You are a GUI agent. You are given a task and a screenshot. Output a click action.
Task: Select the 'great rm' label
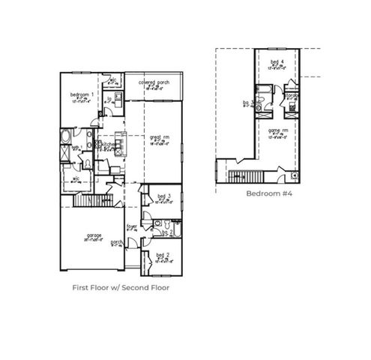point(157,136)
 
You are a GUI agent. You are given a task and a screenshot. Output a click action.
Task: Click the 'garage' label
point(94,235)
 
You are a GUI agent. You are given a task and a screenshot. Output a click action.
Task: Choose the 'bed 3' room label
point(160,196)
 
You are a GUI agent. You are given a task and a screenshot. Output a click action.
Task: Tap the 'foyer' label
point(132,225)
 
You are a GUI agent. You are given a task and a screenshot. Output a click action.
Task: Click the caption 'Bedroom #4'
point(268,193)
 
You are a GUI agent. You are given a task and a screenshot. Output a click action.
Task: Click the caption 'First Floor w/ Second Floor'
point(120,287)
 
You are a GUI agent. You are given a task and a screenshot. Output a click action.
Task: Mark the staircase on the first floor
point(94,199)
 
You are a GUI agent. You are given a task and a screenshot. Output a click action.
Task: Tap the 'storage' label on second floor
point(291,95)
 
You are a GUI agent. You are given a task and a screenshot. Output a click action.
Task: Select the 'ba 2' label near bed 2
point(166,233)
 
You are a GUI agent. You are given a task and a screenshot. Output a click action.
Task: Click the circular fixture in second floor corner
point(294,175)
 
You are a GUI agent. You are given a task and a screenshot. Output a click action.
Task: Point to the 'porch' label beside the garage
point(117,242)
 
